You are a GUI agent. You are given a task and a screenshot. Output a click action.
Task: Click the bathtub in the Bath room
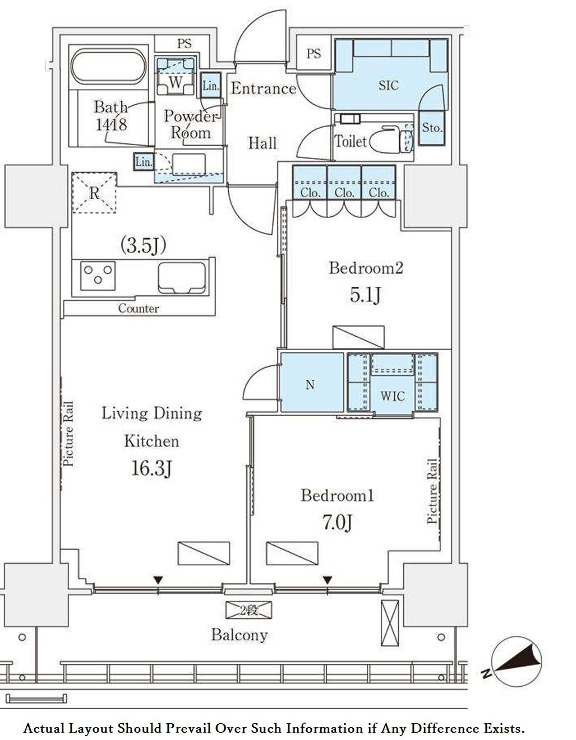tap(109, 67)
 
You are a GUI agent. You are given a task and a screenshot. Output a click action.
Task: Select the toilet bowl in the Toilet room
tap(391, 140)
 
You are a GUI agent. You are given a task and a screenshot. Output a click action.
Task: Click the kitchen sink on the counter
tap(182, 277)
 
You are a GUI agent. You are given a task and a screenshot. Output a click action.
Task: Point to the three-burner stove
tap(98, 276)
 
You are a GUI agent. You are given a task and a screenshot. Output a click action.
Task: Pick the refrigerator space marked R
tap(94, 193)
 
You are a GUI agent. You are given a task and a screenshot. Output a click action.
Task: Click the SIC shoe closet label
tap(388, 85)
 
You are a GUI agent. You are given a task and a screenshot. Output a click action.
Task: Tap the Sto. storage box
tap(432, 128)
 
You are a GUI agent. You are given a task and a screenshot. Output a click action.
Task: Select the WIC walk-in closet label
tap(393, 396)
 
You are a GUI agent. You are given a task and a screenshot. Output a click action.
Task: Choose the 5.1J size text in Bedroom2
tap(365, 295)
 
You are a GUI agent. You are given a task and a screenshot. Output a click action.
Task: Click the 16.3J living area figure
tap(151, 468)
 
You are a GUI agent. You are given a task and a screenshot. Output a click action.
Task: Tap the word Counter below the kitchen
tap(139, 309)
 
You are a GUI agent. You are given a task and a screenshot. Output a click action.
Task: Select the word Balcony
tap(239, 635)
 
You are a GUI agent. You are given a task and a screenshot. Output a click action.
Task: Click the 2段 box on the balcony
tap(249, 610)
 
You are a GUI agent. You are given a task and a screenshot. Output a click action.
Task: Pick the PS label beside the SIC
tap(314, 53)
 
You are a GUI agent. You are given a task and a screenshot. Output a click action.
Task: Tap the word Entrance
tap(264, 89)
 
